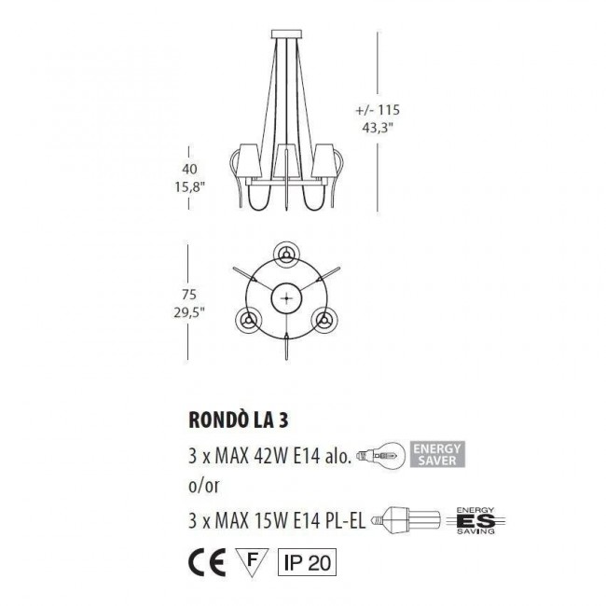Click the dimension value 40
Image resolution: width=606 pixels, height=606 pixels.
191,168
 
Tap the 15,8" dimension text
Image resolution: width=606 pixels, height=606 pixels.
189,186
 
